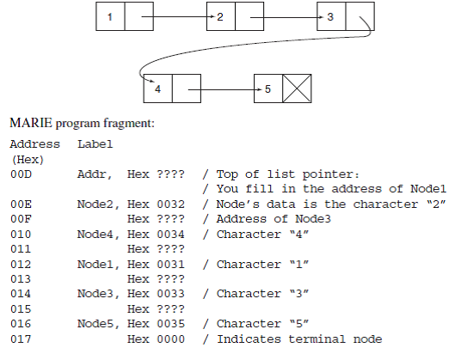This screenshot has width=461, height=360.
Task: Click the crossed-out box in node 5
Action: point(297,89)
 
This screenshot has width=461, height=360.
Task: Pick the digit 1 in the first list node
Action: point(111,17)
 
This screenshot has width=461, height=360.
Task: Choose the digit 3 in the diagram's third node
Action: point(330,17)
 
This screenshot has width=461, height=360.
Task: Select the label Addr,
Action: point(94,174)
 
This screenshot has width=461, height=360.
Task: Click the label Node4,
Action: point(97,234)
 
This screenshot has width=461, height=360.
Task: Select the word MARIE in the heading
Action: point(28,124)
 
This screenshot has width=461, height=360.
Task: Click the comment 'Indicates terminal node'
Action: point(296,339)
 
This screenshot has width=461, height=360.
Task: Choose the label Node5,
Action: point(97,324)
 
